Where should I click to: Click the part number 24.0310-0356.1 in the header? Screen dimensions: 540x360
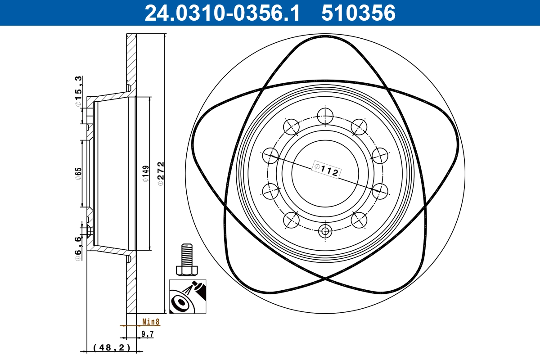(x=222, y=13)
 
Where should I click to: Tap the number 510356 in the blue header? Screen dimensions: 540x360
(x=359, y=13)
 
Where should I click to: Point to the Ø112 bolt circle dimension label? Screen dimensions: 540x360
(x=326, y=170)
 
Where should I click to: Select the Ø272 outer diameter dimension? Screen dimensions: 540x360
(x=161, y=174)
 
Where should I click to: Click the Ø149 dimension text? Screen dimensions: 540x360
(x=146, y=174)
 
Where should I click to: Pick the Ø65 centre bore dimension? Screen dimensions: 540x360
(x=79, y=174)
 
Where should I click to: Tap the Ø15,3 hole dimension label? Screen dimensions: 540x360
(x=78, y=91)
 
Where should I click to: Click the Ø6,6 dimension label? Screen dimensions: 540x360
(x=78, y=249)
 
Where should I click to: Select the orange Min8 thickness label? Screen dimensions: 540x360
(x=151, y=322)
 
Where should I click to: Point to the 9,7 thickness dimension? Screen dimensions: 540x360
(x=147, y=334)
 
